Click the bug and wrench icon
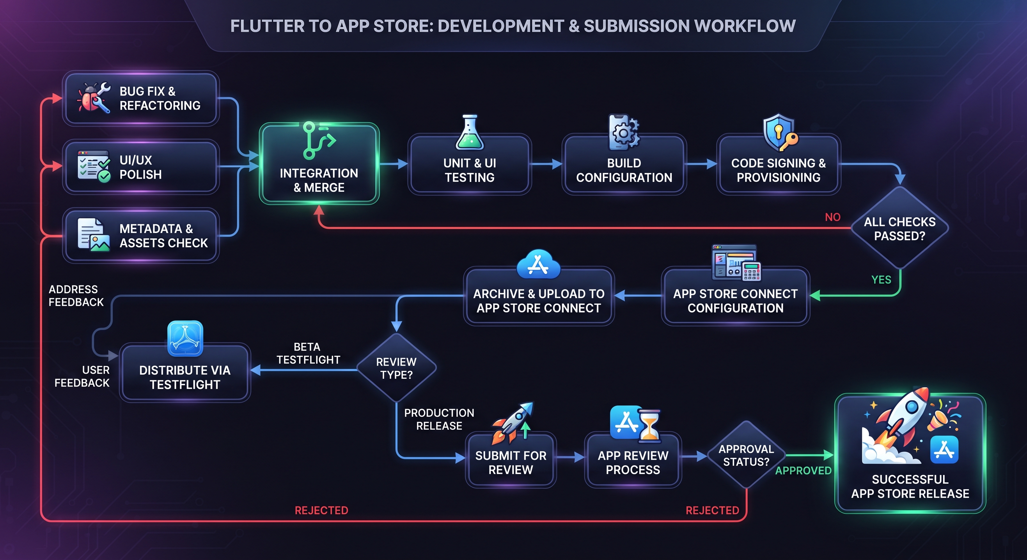(94, 98)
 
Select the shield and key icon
(780, 133)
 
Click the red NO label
(833, 217)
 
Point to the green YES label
(881, 280)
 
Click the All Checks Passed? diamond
(900, 228)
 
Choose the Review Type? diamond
(396, 368)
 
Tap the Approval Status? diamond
(746, 455)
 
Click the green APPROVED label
(803, 471)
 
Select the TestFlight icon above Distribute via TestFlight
(185, 338)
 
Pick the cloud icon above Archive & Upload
(538, 264)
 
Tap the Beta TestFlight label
(308, 353)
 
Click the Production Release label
(439, 419)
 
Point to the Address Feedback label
(76, 296)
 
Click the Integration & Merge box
(319, 163)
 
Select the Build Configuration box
(624, 164)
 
